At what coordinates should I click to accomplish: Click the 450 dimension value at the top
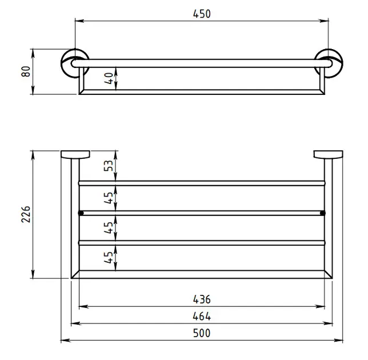pyautogui.click(x=202, y=14)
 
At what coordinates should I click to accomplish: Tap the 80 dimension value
pyautogui.click(x=26, y=71)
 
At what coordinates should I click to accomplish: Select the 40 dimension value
pyautogui.click(x=109, y=78)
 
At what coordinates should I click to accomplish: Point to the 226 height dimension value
pyautogui.click(x=26, y=214)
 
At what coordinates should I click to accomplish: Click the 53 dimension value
pyautogui.click(x=109, y=166)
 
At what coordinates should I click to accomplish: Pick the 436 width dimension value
pyautogui.click(x=202, y=299)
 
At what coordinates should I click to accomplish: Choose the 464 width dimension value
pyautogui.click(x=202, y=317)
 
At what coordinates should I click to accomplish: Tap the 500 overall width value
pyautogui.click(x=202, y=333)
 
